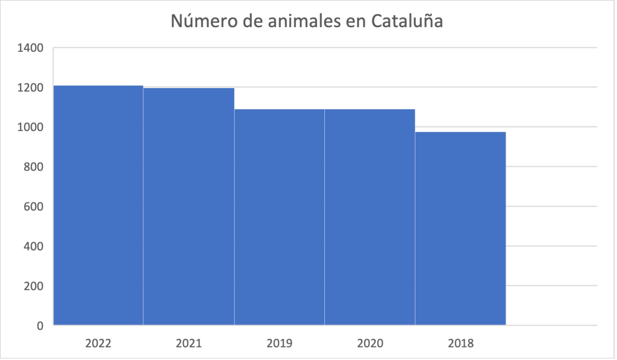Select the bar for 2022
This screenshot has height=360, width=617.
click(x=98, y=205)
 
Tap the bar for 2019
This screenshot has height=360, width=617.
click(x=279, y=217)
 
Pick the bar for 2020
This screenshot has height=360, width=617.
click(x=369, y=217)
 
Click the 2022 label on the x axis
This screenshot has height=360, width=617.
click(x=98, y=344)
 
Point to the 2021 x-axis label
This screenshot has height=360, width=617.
click(x=189, y=344)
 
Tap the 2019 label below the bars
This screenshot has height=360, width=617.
click(x=279, y=344)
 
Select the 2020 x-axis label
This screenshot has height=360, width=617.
click(x=369, y=344)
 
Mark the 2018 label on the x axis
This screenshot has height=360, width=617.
click(x=461, y=344)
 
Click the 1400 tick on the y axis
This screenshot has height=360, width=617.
click(x=31, y=48)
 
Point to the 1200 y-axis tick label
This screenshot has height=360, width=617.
click(x=31, y=87)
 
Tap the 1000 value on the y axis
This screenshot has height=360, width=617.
click(x=31, y=127)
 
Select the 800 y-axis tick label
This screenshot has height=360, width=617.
click(x=34, y=167)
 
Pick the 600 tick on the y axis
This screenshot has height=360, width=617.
click(x=34, y=207)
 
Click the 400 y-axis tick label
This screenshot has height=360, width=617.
click(x=34, y=246)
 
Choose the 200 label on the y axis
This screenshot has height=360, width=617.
click(x=34, y=286)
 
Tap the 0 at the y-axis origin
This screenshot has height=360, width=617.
click(x=40, y=326)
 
